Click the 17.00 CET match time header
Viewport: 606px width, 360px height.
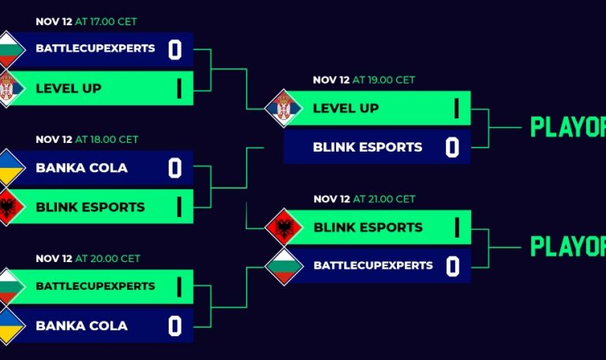coord(86,21)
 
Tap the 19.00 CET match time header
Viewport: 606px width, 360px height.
coord(364,80)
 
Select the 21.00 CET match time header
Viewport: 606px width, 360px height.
coord(364,199)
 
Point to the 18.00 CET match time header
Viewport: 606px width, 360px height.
coord(87,140)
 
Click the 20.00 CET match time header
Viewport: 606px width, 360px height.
coord(88,258)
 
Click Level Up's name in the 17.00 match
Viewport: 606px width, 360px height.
coord(69,88)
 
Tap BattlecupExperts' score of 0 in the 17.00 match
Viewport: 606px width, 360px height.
coord(175,51)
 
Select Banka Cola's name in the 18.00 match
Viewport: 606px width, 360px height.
coord(81,168)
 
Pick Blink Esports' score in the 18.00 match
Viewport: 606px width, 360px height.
coord(179,207)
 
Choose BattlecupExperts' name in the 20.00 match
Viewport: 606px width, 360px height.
coord(95,286)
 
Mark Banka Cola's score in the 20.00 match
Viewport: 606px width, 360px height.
coord(175,325)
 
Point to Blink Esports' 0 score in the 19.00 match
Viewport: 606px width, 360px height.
coord(452,148)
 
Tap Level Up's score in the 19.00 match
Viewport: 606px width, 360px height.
coord(456,108)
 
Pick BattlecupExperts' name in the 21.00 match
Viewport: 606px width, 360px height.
coord(373,266)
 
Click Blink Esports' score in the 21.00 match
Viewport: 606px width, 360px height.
coord(456,227)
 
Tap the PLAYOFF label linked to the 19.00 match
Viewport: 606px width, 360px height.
coord(567,127)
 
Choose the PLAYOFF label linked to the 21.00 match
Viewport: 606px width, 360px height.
coord(567,246)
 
